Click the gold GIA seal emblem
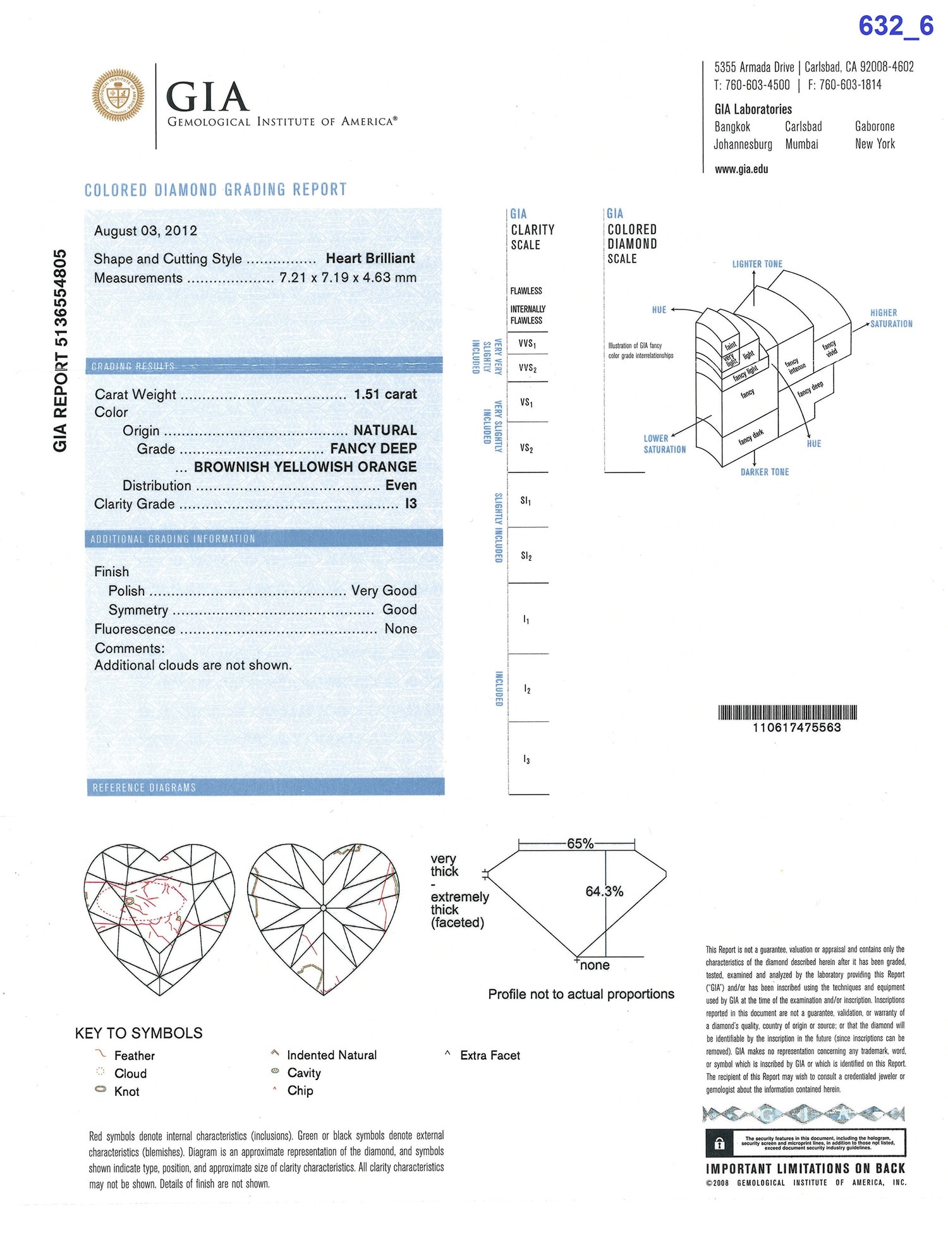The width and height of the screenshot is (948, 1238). (118, 96)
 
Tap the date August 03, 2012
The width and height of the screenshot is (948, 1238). (145, 231)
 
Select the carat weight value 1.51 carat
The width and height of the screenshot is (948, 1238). (385, 394)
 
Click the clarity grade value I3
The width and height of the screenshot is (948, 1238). (411, 503)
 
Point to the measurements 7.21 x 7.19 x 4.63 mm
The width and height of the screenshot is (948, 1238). (348, 277)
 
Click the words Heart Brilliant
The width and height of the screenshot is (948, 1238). (370, 258)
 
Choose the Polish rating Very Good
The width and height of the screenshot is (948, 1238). (384, 591)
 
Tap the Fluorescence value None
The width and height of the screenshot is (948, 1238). (401, 628)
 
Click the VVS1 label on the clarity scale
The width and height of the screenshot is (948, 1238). (527, 344)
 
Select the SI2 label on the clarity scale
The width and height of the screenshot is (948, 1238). (526, 556)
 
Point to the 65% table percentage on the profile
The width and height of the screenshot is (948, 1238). (580, 844)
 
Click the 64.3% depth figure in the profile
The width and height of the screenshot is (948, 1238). (604, 891)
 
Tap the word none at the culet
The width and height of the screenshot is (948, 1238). (595, 965)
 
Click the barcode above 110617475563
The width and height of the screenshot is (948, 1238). (787, 712)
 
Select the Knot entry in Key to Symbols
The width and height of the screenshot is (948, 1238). (126, 1091)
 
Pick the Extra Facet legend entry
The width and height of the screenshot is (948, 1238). (490, 1055)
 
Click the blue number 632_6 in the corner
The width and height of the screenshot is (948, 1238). (896, 26)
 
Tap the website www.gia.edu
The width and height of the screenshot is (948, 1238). (741, 169)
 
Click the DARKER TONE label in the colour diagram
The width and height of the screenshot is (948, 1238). (765, 472)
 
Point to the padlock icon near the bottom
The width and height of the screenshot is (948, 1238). (719, 1143)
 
